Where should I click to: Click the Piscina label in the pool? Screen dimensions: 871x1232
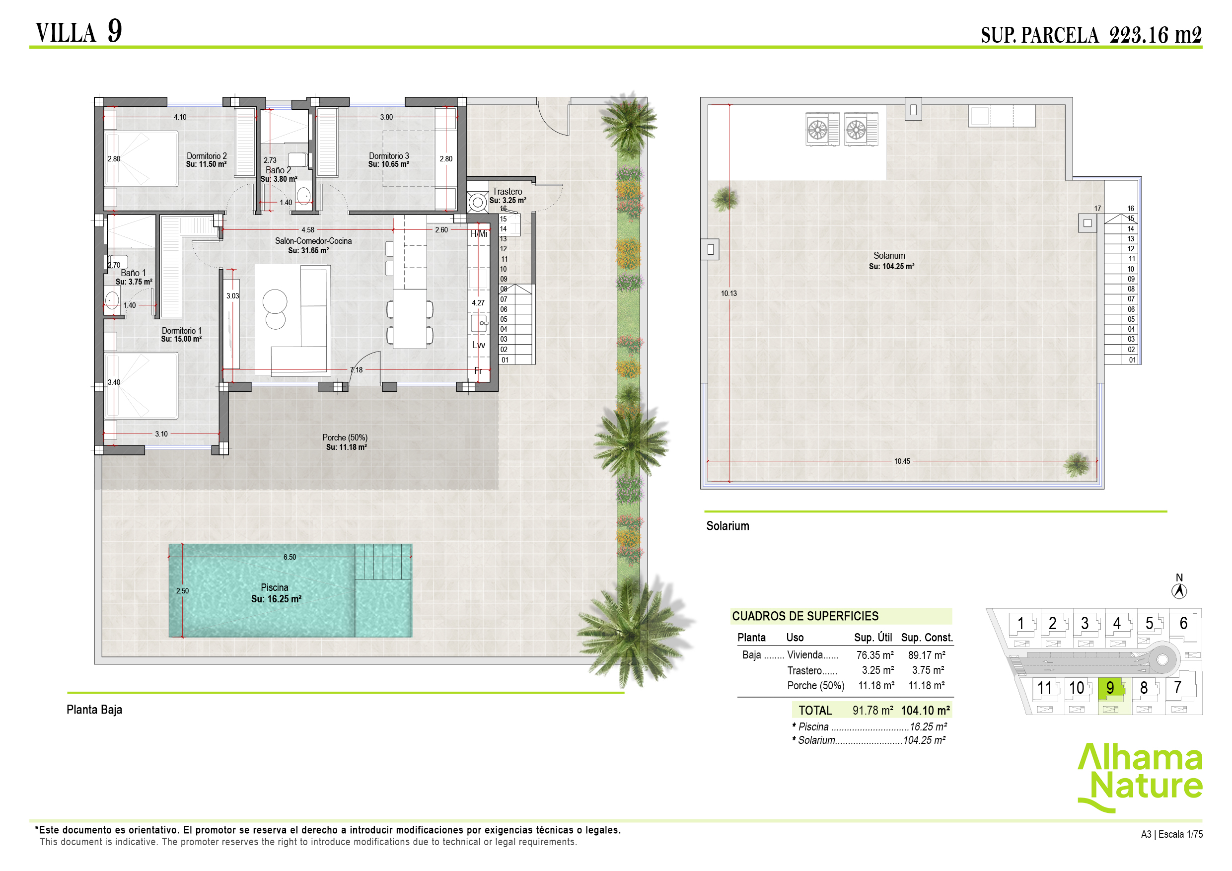[x=274, y=587]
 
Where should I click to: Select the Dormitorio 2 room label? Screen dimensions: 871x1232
[x=207, y=156]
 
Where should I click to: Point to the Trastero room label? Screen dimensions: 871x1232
[x=507, y=192]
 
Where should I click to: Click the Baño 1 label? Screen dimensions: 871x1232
[x=133, y=273]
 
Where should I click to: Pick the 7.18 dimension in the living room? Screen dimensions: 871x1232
[x=357, y=370]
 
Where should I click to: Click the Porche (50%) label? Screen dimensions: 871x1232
[x=345, y=438]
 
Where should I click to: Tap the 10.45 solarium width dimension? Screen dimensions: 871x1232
[x=902, y=461]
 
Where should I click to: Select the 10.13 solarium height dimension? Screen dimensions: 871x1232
[x=728, y=293]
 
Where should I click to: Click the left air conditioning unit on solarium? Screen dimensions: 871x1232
[x=822, y=129]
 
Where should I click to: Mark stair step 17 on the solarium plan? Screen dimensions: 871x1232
[x=1097, y=209]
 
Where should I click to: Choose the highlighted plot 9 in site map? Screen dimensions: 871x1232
[x=1110, y=687]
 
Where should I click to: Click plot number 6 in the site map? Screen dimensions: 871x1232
[x=1183, y=624]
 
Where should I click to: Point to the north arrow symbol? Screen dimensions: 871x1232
[x=1179, y=590]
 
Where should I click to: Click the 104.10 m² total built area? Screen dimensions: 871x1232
[x=925, y=711]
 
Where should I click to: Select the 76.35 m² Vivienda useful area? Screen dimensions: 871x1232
[x=874, y=655]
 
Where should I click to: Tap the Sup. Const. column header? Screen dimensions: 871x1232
[x=927, y=638]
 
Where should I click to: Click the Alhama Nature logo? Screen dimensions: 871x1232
[x=1140, y=776]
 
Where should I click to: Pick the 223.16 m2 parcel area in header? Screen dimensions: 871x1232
[x=1155, y=35]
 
